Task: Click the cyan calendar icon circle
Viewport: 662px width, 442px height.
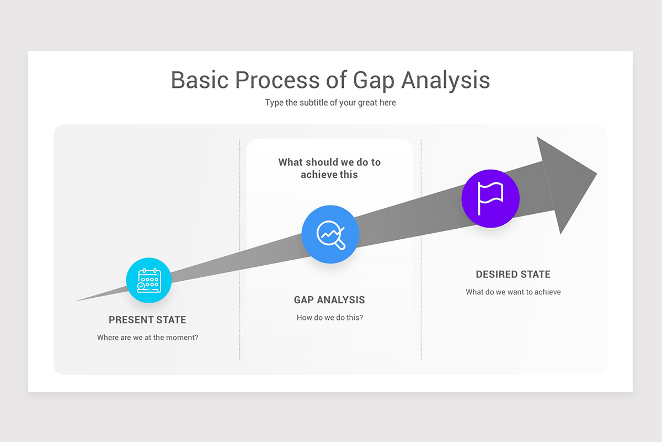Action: pos(149,281)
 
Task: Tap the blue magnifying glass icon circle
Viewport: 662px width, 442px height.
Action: pos(330,234)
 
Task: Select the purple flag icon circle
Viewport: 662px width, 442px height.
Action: pos(490,198)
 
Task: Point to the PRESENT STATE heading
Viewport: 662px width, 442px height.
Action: pos(147,320)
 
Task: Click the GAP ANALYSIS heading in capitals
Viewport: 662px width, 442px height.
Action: pos(329,300)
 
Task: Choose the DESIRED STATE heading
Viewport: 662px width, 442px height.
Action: pos(513,275)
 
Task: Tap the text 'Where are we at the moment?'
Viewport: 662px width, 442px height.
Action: pos(147,338)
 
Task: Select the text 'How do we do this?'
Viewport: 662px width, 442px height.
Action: pos(330,318)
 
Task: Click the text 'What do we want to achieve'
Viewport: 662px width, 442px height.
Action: pos(513,292)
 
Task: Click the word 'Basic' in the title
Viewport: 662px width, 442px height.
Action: pos(199,80)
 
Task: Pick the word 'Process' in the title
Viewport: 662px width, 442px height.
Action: pos(277,80)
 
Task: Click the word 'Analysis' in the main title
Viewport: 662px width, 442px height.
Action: pos(446,80)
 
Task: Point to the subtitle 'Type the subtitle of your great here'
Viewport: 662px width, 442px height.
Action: pos(330,103)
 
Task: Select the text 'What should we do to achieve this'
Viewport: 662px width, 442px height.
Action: pos(329,169)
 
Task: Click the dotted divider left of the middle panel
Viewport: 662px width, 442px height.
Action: pos(240,249)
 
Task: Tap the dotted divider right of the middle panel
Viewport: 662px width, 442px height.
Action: pos(421,249)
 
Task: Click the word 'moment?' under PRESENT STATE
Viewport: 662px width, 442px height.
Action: pos(181,338)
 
